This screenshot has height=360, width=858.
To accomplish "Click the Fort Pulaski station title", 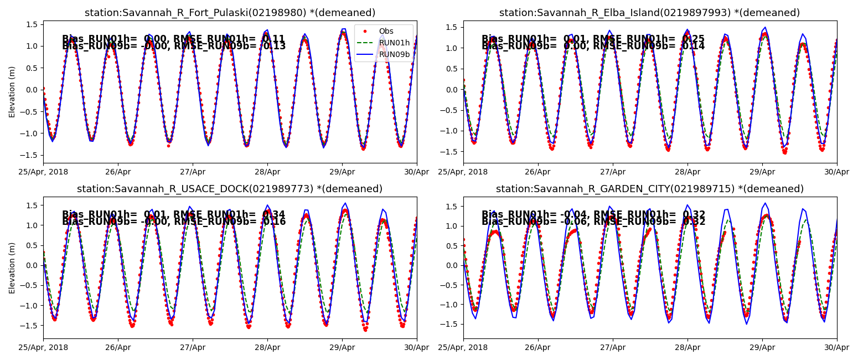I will pyautogui.click(x=230, y=13).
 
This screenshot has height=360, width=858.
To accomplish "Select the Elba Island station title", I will pyautogui.click(x=649, y=13).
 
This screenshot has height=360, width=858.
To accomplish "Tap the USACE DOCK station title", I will pyautogui.click(x=230, y=189).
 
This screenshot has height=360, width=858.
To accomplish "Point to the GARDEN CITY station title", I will pyautogui.click(x=649, y=189).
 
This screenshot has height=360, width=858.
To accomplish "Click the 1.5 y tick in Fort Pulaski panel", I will pyautogui.click(x=32, y=24).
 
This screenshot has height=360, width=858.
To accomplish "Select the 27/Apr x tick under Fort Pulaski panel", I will pyautogui.click(x=193, y=172).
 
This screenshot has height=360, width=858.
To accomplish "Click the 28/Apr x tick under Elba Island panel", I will pyautogui.click(x=688, y=172).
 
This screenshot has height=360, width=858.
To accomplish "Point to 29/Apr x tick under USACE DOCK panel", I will pyautogui.click(x=342, y=347).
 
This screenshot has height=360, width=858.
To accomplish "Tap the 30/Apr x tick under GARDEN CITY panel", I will pyautogui.click(x=836, y=347).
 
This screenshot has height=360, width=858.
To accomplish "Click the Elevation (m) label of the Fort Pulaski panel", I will pyautogui.click(x=12, y=92).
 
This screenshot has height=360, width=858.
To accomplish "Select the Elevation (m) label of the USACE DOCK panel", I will pyautogui.click(x=12, y=268).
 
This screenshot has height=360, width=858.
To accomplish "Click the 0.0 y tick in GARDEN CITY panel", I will pyautogui.click(x=452, y=265).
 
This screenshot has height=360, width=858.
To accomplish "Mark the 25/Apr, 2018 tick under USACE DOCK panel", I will pyautogui.click(x=43, y=347).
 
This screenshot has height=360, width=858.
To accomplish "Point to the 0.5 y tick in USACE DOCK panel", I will pyautogui.click(x=32, y=245).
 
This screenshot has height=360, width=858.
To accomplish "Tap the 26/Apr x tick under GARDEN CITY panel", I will pyautogui.click(x=538, y=347).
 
